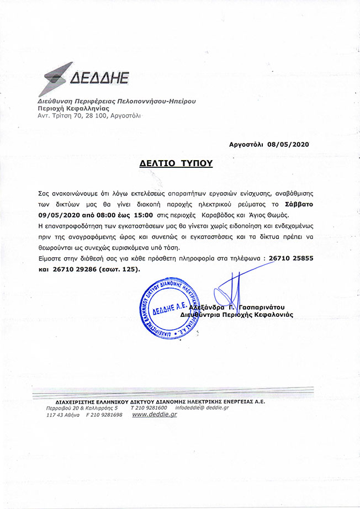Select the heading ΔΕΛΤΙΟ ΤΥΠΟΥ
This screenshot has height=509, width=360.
[176, 164]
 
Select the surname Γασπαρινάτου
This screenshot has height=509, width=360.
[267, 306]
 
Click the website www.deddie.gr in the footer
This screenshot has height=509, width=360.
[155, 414]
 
